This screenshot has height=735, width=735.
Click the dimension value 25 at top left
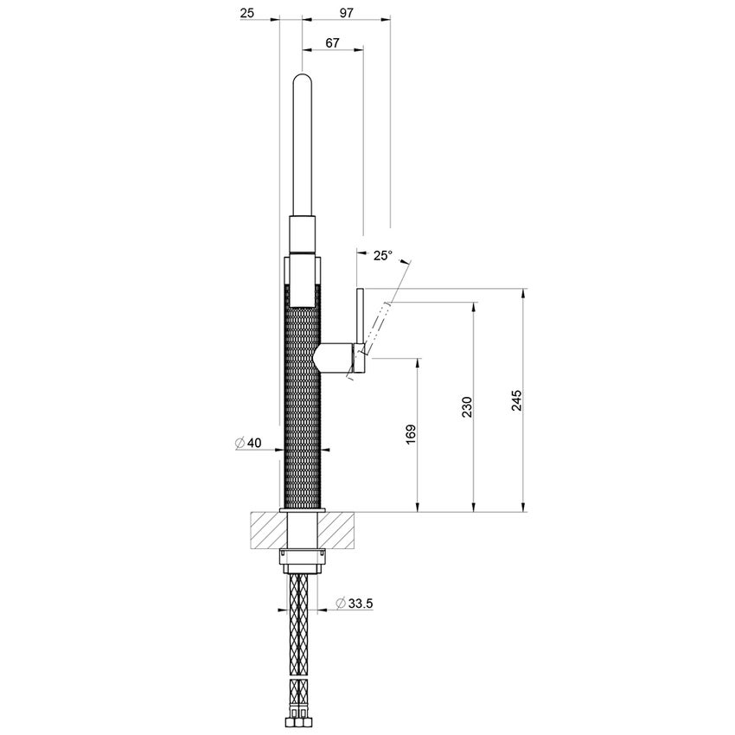[x=247, y=14]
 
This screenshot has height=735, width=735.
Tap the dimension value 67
[x=332, y=42]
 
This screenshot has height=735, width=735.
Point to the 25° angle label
[x=382, y=255]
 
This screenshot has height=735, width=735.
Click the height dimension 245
[x=516, y=400]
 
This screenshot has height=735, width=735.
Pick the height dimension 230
[x=466, y=406]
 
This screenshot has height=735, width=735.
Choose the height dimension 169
[x=411, y=433]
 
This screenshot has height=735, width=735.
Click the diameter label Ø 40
[x=248, y=443]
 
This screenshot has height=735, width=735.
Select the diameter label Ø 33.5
[x=355, y=603]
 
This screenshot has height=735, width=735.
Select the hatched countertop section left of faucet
[x=267, y=529]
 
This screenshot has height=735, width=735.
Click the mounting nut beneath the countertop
[x=303, y=559]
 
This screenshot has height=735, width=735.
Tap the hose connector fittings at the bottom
[x=303, y=717]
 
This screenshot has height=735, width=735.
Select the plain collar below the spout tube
[x=303, y=234]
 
